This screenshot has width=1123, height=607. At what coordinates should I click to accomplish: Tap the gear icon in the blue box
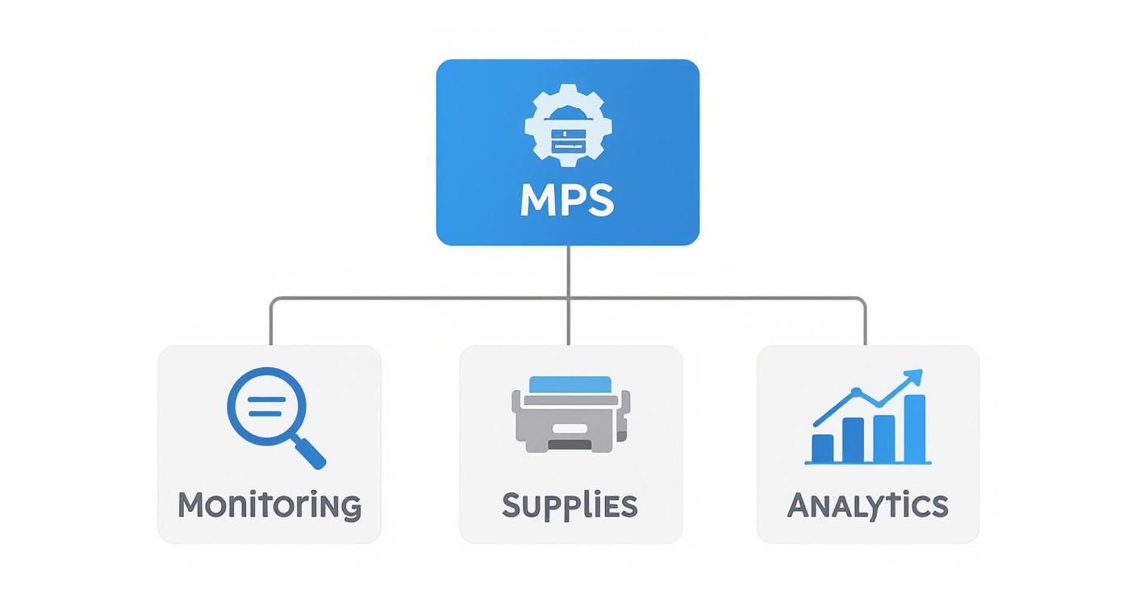click(568, 125)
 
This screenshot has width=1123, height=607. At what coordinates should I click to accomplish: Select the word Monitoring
click(269, 505)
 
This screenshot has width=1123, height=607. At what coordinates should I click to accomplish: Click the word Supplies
click(570, 505)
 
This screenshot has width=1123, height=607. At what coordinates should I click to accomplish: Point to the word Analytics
click(867, 505)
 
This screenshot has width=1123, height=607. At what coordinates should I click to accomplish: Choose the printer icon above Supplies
click(570, 413)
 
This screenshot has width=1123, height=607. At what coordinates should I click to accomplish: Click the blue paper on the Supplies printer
click(570, 384)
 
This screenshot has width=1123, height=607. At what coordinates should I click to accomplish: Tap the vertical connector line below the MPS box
click(568, 270)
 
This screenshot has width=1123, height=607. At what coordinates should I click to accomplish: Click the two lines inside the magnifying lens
click(265, 407)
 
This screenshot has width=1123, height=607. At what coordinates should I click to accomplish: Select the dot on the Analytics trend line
click(857, 393)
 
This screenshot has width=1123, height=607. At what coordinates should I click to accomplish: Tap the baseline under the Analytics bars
click(868, 463)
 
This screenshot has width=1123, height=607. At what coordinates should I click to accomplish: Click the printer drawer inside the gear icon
click(568, 142)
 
